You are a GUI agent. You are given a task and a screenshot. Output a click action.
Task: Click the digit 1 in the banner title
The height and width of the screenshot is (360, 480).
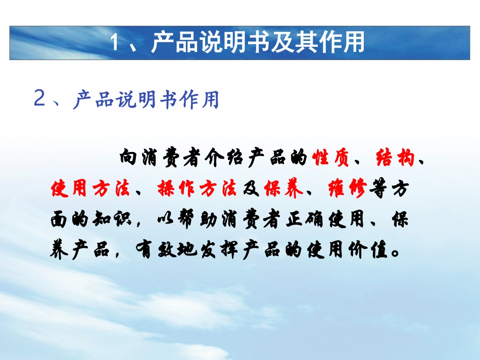coord(114,42)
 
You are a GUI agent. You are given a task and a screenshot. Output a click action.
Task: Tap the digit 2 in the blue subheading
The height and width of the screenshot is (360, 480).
coord(39,98)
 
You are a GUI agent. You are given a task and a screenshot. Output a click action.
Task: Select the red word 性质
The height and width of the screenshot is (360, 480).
coord(330,158)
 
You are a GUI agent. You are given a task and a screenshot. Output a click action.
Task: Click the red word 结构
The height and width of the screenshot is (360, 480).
coord(395,158)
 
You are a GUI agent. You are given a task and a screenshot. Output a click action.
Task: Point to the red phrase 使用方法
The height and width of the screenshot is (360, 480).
coord(90,188)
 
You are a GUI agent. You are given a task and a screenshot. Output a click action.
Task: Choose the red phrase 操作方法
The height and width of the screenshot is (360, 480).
coord(197,188)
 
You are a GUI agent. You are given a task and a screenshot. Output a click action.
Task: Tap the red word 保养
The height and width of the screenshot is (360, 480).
coord(283,188)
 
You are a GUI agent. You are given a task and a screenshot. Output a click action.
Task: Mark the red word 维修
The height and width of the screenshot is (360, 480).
coord(347,188)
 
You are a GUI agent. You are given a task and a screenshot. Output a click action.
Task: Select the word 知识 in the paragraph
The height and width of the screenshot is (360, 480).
coord(112,219)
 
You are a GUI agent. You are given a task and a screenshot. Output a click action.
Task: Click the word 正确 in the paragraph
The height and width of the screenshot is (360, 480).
coord(304,219)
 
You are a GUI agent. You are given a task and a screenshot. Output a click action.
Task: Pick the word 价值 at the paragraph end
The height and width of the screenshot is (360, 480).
coord(368,250)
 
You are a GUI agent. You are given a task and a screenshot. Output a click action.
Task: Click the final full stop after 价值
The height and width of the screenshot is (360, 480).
coord(395,253)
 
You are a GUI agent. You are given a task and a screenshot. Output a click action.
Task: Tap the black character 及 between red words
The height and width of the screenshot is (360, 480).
coord(251,188)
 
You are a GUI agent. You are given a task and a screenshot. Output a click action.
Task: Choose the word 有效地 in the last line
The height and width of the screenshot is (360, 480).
coord(166,250)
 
